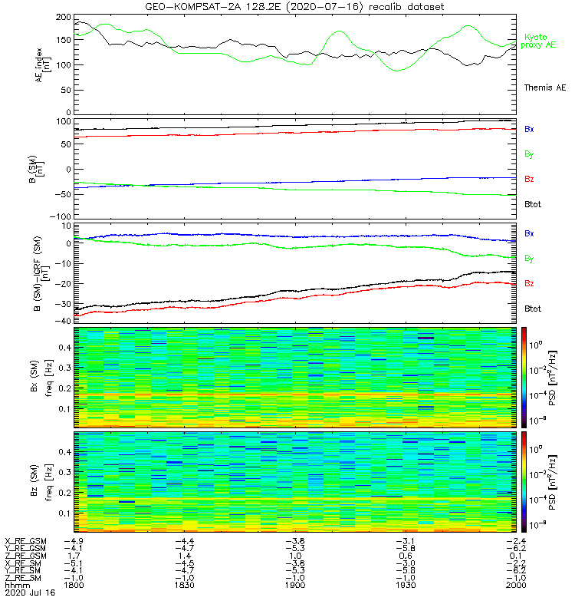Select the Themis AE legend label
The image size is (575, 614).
point(544,87)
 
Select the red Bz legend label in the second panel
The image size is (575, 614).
point(529,179)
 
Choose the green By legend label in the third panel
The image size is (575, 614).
point(529,259)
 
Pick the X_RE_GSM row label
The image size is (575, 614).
point(26,541)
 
